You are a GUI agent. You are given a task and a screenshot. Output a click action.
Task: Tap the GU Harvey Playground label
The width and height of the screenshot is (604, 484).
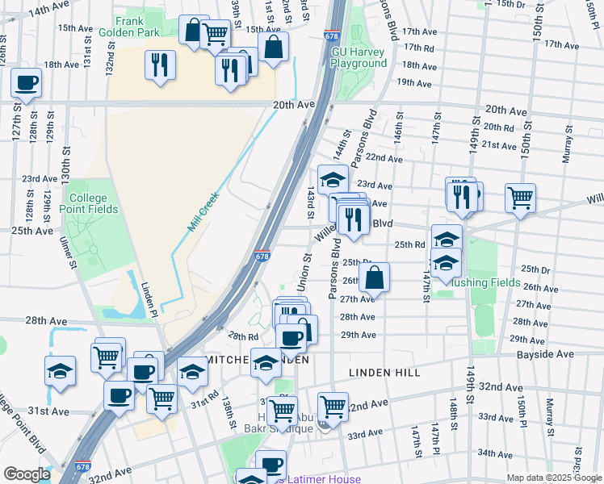click(360, 57)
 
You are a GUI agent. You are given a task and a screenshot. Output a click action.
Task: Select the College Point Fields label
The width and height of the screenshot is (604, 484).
click(93, 203)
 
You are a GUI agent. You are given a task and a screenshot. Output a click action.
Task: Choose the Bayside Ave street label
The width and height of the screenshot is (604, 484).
click(552, 354)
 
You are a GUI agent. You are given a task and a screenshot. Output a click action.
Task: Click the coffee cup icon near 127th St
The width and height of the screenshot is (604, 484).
click(26, 82)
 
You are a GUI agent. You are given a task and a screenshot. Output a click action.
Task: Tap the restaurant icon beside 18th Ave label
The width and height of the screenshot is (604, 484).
click(159, 65)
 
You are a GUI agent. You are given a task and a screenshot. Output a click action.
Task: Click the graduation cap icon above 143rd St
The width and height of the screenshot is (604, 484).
click(333, 180)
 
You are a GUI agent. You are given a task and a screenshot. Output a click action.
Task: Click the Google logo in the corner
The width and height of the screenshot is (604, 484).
click(27, 474)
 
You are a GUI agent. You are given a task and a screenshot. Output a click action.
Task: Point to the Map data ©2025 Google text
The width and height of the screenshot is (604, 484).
click(553, 478)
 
